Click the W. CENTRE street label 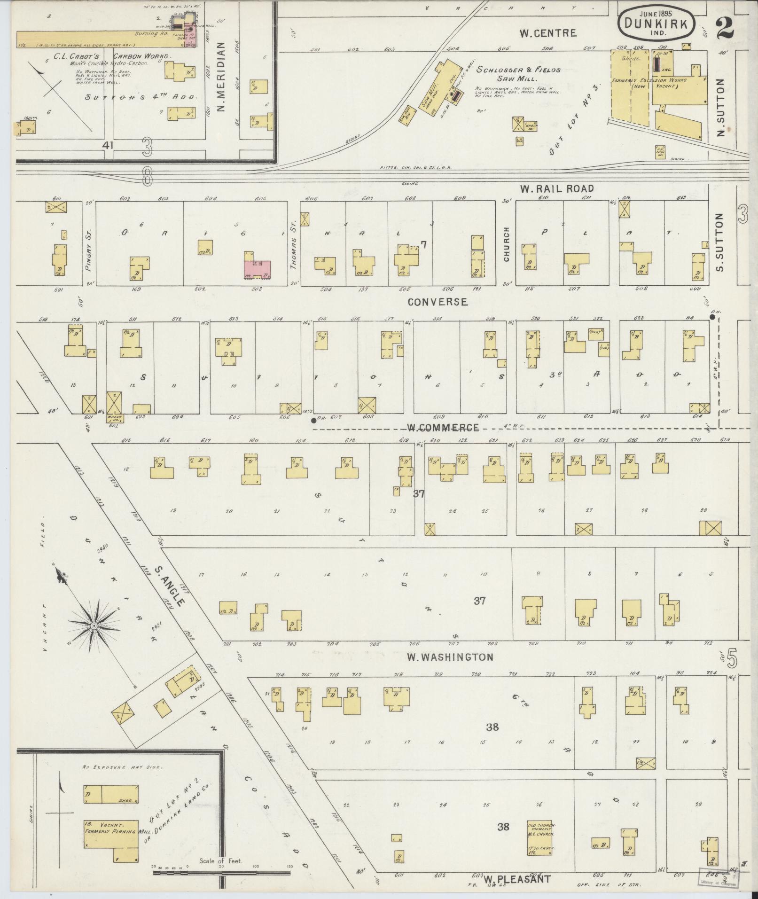coord(547,33)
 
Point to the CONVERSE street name coord(438,302)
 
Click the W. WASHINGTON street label coord(450,657)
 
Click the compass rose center coord(94,626)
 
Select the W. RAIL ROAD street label coord(556,189)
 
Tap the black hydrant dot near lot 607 coord(313,420)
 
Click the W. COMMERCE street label coord(443,428)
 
